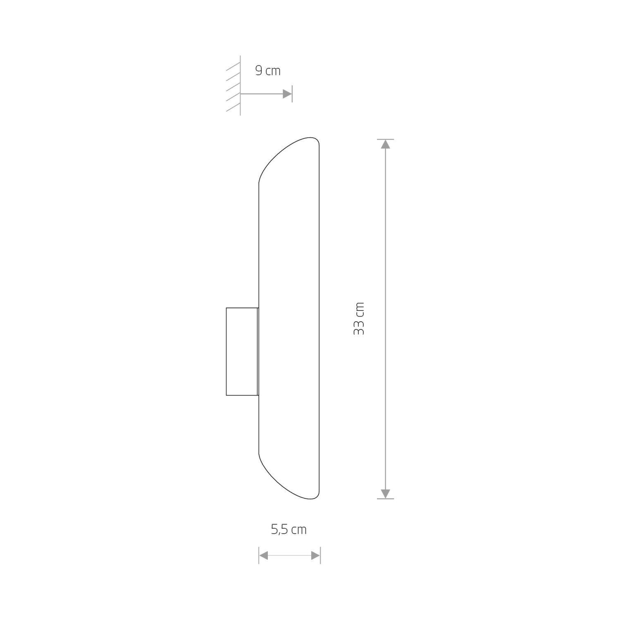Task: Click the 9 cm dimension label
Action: [268, 71]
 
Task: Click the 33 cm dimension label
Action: [359, 319]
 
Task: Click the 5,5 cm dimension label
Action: [289, 529]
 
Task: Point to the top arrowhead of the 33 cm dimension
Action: [385, 144]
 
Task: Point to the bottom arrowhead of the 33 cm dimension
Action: [385, 494]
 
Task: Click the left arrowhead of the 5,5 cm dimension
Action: [264, 556]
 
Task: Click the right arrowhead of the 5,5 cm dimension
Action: [315, 556]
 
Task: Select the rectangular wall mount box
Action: [242, 352]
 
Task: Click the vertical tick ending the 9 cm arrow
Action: [292, 94]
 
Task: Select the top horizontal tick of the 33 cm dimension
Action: [385, 139]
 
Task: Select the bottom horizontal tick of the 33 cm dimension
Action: [385, 498]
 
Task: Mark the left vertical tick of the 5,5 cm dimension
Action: [259, 556]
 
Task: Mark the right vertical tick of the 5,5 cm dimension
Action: [320, 556]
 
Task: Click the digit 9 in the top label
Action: [259, 71]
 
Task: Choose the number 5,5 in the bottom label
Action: [280, 529]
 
